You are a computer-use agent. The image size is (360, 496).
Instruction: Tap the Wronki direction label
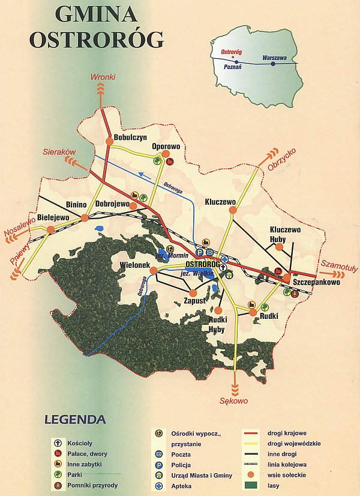coord(103,77)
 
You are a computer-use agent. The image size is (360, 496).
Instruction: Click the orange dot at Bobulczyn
coord(109,141)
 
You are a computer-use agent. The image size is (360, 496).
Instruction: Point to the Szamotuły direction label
coord(337,264)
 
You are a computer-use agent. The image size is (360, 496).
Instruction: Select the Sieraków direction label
coord(58,153)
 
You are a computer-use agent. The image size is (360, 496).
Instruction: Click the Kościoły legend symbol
coord(58,443)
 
